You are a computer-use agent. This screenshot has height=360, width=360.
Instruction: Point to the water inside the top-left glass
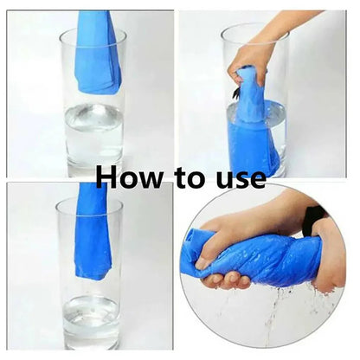coord(93,125)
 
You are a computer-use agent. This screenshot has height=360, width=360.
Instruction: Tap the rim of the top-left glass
coord(93,32)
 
